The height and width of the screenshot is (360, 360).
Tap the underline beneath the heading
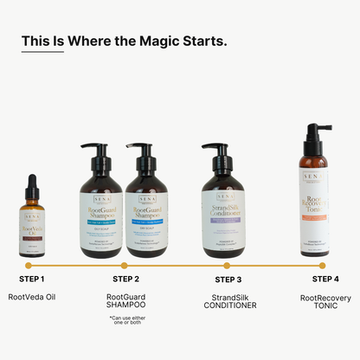42,53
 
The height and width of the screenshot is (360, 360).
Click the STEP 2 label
125,280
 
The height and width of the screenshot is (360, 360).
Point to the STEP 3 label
228,280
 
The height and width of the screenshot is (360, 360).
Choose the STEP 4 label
325,279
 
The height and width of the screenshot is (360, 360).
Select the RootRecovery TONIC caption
325,302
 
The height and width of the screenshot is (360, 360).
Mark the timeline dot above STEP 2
124,265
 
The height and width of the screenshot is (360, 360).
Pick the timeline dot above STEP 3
228,265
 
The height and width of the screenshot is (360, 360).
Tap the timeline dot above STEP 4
322,265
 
